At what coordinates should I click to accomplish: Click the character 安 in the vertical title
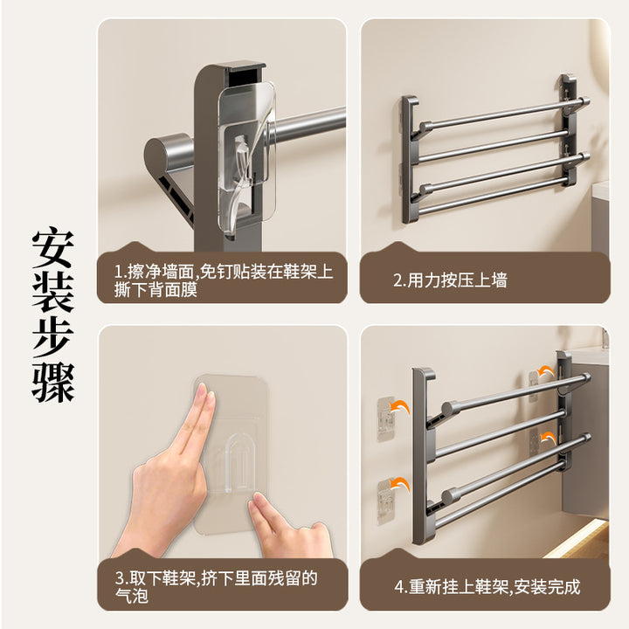click(x=53, y=250)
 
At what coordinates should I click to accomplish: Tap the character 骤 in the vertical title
click(x=53, y=383)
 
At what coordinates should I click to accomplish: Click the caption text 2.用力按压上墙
click(x=450, y=280)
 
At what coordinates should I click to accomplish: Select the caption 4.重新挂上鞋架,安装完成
click(x=487, y=587)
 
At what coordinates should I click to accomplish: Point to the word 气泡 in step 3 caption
click(x=132, y=596)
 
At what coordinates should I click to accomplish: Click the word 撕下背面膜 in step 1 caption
click(x=156, y=289)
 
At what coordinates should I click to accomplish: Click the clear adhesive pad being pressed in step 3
click(x=232, y=453)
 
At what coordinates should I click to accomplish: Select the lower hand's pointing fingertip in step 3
click(x=257, y=501)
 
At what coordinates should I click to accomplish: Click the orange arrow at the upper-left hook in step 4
click(x=400, y=408)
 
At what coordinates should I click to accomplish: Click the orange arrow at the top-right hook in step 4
click(x=546, y=372)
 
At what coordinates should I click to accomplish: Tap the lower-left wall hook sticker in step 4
click(x=386, y=501)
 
